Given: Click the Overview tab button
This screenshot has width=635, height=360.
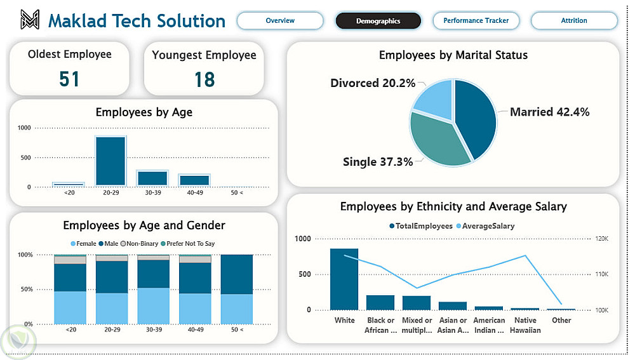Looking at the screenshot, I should pos(280,21).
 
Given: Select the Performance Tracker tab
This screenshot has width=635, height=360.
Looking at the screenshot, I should pos(476,21).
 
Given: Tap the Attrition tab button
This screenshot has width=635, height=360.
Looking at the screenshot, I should pos(573,21).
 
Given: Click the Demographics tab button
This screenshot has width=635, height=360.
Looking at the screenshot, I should pos(378,21).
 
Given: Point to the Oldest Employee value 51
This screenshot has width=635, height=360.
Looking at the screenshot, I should pos(69,79).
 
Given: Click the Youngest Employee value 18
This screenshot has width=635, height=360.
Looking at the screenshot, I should pos(204,79).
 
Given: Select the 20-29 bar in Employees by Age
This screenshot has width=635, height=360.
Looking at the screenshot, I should pos(110,161).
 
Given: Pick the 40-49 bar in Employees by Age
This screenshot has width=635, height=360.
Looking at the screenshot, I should pos(194,180).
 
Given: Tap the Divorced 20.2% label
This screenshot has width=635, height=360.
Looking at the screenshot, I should pos(373,83).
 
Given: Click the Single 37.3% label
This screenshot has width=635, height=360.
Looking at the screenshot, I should pos(377,162).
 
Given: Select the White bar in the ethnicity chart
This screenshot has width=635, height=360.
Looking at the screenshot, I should pos(344,279).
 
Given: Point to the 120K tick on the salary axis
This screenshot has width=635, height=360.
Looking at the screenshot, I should pos(601,239).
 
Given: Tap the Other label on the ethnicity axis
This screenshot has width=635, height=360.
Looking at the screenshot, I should pos(561,321).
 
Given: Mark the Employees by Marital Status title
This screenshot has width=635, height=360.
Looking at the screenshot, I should pos(453,55).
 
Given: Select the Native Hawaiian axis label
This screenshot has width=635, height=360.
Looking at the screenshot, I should pos(525,325).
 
